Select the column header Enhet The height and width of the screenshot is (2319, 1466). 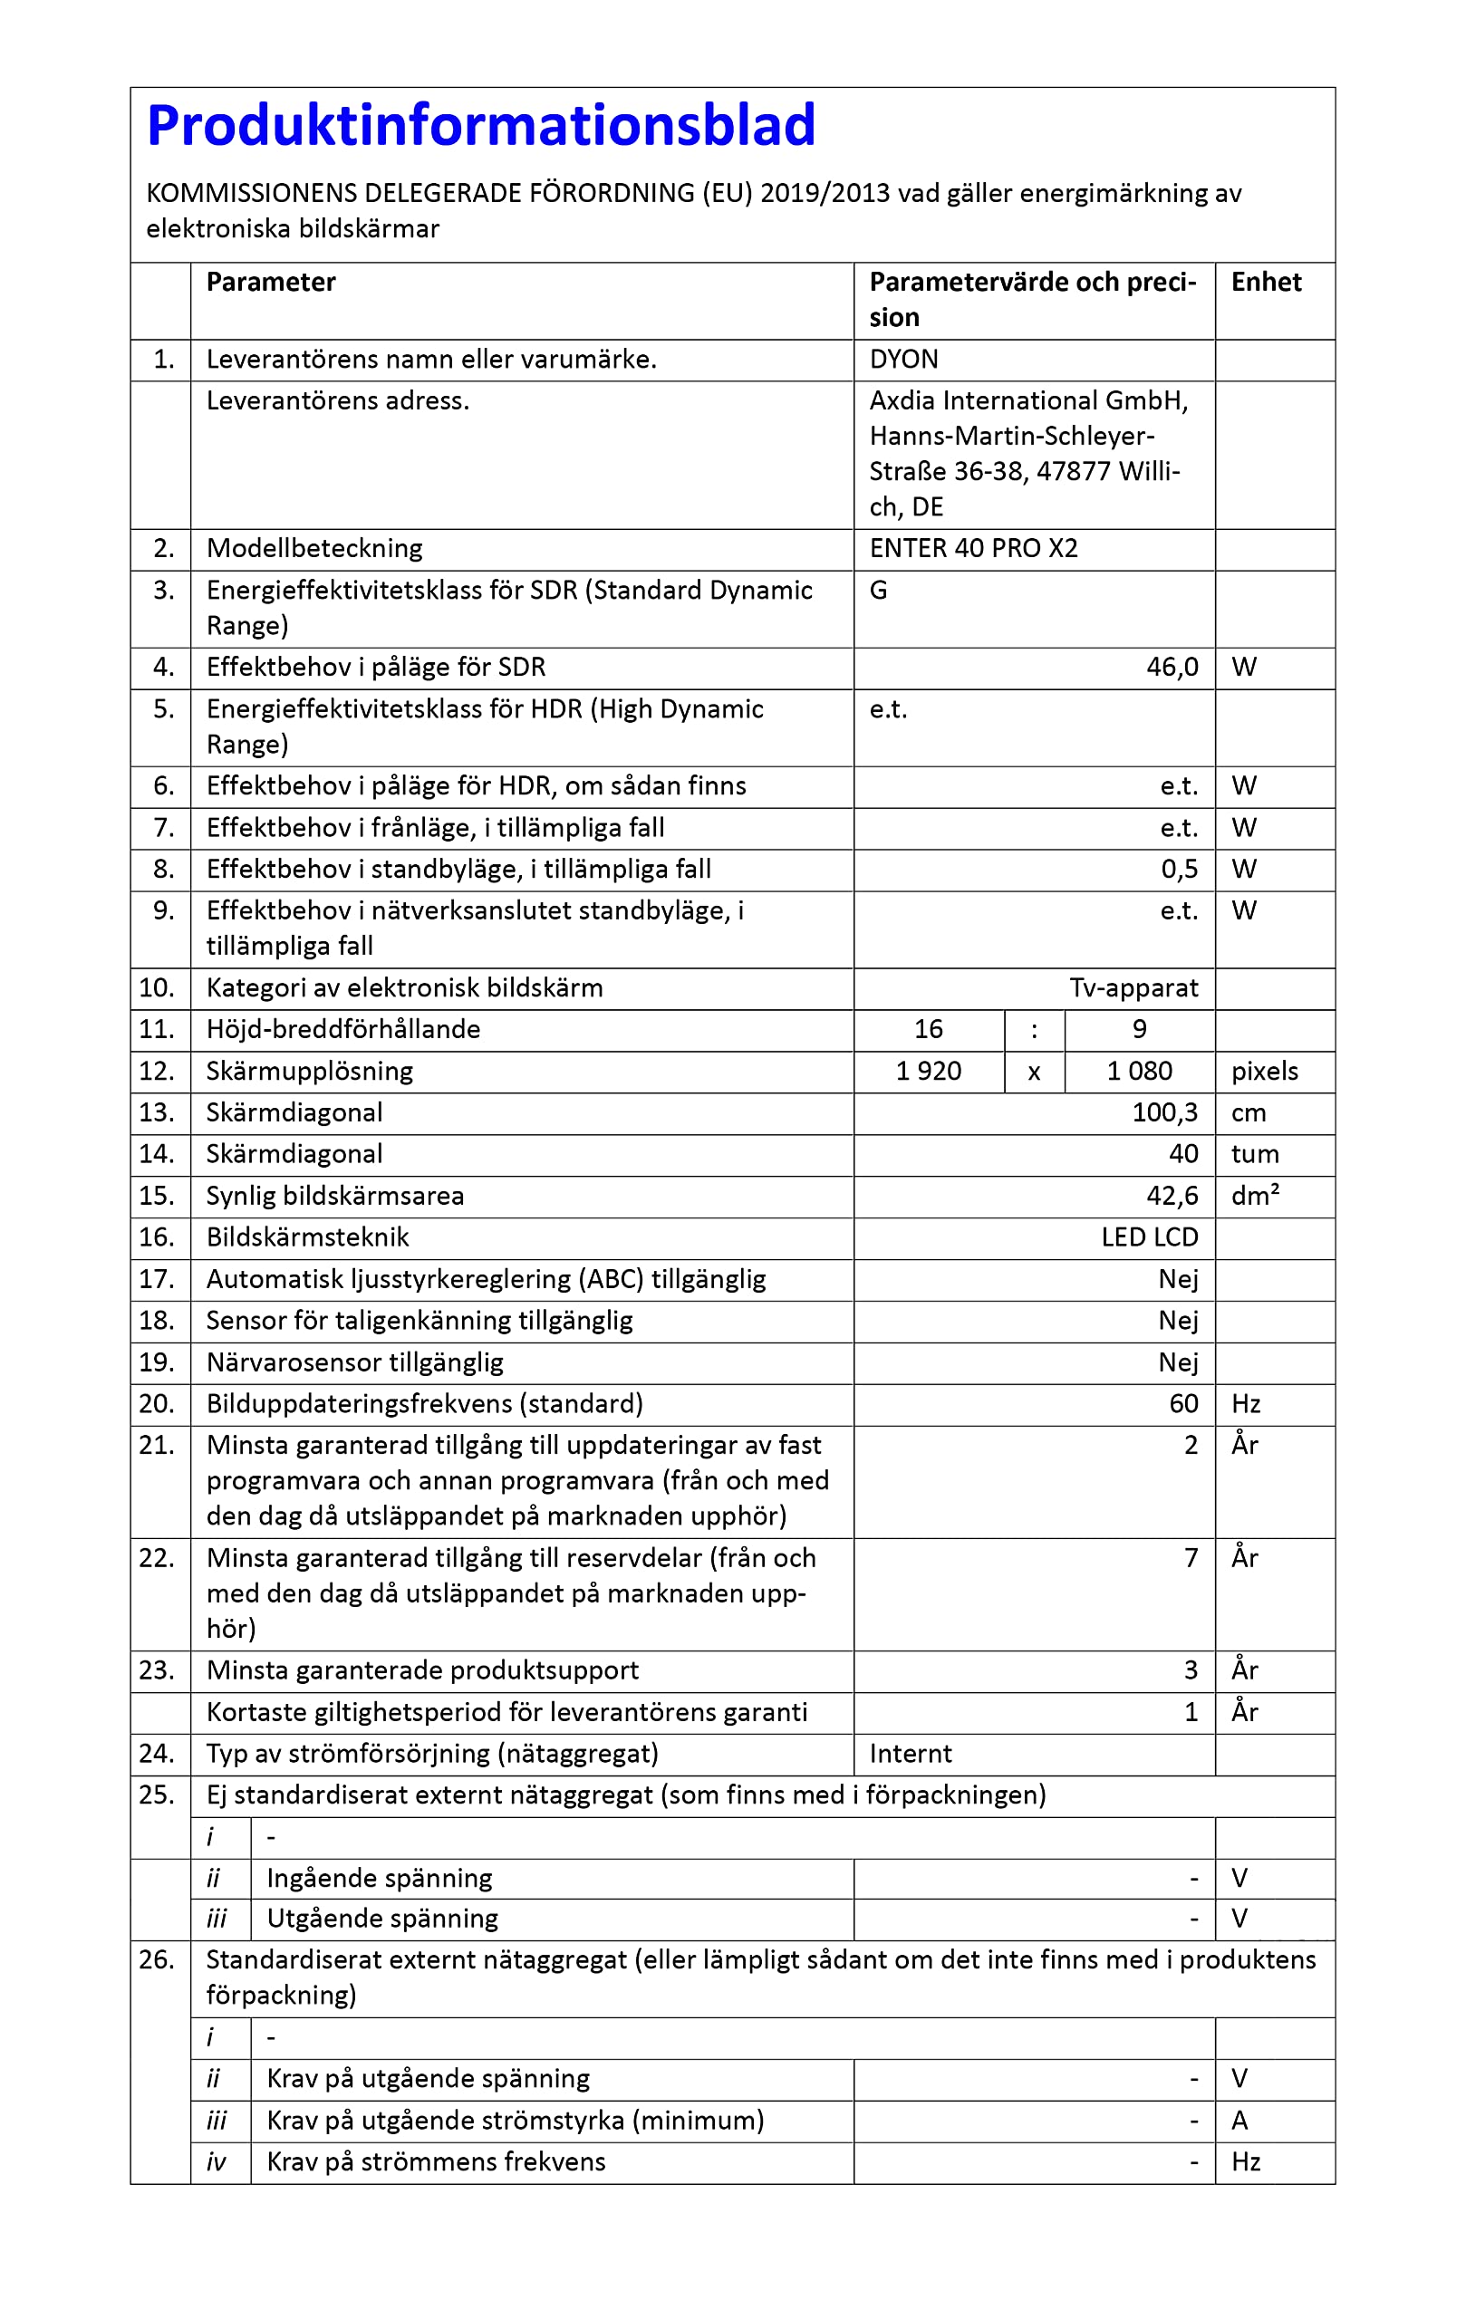[x=1265, y=282]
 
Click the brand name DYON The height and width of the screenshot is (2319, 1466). [x=902, y=360]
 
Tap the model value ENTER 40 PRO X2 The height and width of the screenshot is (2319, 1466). [x=973, y=548]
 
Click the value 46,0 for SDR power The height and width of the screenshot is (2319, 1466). [x=1172, y=668]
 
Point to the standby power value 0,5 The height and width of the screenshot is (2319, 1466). [x=1179, y=869]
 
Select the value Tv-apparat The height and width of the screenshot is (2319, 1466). [x=1133, y=987]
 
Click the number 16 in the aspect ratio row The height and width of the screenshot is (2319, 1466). [x=928, y=1028]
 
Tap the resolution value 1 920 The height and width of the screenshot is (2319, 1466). [x=928, y=1071]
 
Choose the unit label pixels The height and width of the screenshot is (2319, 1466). [x=1264, y=1071]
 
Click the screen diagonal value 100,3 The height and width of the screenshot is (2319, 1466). [x=1163, y=1112]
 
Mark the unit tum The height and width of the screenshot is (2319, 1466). [x=1254, y=1154]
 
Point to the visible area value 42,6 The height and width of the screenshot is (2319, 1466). [x=1172, y=1195]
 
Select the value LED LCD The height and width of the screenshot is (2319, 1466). [x=1149, y=1236]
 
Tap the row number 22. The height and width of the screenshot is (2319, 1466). [x=157, y=1557]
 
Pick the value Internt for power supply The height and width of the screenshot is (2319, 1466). [x=910, y=1753]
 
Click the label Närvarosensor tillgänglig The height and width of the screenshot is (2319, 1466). [x=354, y=1362]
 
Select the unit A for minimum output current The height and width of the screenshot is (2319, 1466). [x=1239, y=2120]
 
